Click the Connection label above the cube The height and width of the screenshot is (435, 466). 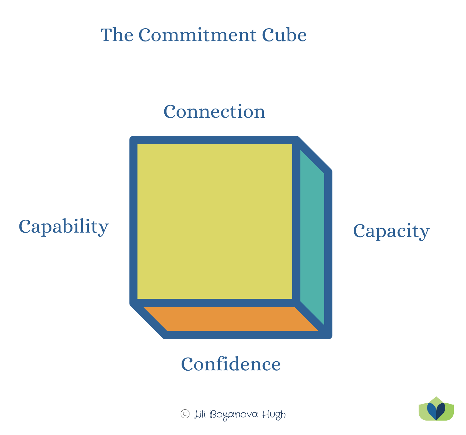coord(214,112)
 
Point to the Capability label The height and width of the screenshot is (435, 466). coord(64,227)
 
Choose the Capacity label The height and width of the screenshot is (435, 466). coord(391,231)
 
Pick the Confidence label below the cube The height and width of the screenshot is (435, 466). coord(231,364)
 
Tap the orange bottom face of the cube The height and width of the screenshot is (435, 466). coord(230,319)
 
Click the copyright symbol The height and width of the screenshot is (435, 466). coord(185,414)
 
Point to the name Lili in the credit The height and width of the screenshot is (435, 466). coord(200,415)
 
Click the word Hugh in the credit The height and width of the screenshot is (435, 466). coord(274,415)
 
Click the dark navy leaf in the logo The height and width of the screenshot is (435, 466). coord(441,411)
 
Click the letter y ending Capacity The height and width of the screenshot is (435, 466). coord(425,233)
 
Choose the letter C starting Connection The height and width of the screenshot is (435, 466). coord(170,112)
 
